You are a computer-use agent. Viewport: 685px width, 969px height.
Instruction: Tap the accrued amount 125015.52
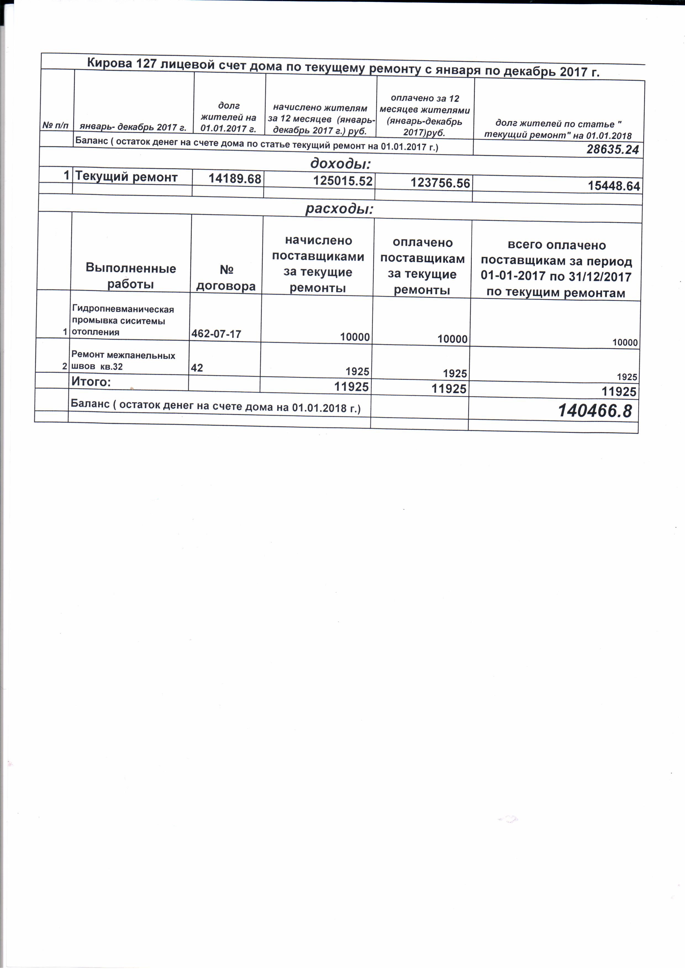coord(343,181)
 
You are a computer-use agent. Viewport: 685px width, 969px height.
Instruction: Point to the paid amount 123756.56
coord(440,183)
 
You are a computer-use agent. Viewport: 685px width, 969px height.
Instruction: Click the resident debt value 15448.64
coord(614,186)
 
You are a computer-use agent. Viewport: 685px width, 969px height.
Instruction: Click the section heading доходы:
coord(340,163)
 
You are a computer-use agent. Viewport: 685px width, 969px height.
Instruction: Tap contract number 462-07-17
coord(216,334)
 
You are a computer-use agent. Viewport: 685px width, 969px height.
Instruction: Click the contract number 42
coord(197,368)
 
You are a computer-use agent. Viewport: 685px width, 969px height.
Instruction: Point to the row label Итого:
coord(91,381)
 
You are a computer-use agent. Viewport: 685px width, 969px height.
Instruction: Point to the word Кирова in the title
coord(109,63)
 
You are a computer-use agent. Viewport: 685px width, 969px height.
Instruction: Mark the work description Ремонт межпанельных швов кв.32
coord(123,361)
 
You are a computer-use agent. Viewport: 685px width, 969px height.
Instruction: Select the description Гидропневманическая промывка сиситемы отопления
coord(122,320)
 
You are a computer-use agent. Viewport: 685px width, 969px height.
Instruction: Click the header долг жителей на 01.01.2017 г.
coord(228,117)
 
